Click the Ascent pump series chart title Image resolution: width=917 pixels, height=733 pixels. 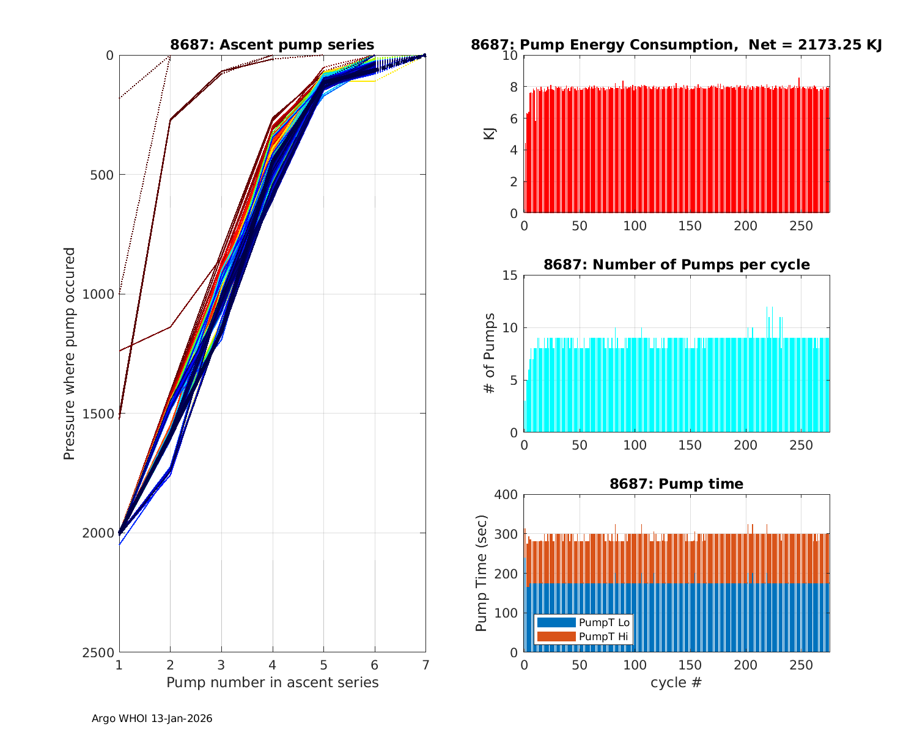[272, 45]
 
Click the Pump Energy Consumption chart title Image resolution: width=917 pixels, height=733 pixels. [676, 45]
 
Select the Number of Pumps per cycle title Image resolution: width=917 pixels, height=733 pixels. [676, 264]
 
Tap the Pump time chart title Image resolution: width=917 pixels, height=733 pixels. [676, 484]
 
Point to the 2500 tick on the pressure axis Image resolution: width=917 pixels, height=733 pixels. [101, 652]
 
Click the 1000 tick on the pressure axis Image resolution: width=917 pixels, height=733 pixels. [101, 294]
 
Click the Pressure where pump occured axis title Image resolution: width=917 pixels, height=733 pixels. [70, 354]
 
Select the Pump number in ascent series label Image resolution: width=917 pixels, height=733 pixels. [272, 682]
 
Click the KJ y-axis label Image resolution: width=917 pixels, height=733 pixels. [490, 134]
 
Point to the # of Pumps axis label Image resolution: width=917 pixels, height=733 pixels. [490, 353]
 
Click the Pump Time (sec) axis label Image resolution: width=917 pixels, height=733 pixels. [482, 573]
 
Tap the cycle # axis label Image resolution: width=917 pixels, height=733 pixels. [676, 682]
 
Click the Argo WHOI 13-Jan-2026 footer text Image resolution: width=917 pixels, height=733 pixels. [152, 719]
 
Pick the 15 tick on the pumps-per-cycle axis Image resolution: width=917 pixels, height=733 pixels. [510, 275]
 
